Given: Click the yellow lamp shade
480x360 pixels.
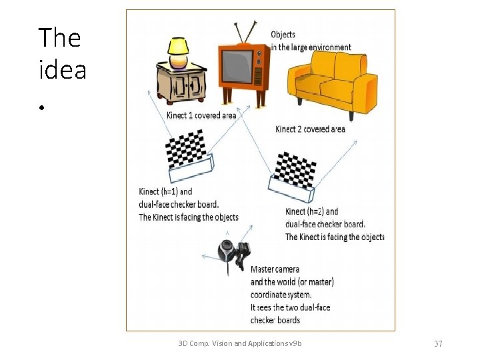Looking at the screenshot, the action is (x=178, y=46).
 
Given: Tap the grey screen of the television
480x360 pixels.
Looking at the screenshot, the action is (x=237, y=67).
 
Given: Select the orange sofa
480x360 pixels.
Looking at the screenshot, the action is (x=333, y=84).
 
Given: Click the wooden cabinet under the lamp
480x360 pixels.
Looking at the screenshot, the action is (x=181, y=83).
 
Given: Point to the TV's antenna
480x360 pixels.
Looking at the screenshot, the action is (x=245, y=32).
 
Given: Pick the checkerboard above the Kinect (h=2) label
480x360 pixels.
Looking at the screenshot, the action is (x=295, y=170).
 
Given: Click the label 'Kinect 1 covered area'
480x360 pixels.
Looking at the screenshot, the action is (x=201, y=115).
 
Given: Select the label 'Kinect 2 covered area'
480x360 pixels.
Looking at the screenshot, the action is (x=310, y=129).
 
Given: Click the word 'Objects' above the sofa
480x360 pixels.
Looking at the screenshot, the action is (x=283, y=35).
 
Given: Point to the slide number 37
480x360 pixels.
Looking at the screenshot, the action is (x=438, y=343).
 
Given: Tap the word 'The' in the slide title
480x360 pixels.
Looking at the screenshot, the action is (x=59, y=37).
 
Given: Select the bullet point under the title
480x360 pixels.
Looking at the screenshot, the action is (x=41, y=107).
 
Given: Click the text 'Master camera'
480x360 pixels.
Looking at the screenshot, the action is (x=275, y=269).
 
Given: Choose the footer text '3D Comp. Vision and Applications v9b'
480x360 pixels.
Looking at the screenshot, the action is (x=240, y=343).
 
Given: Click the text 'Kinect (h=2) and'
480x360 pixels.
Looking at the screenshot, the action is (x=311, y=211).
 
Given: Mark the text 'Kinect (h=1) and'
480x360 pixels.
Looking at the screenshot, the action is (x=165, y=191).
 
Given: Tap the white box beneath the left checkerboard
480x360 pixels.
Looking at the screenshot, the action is (x=191, y=169).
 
